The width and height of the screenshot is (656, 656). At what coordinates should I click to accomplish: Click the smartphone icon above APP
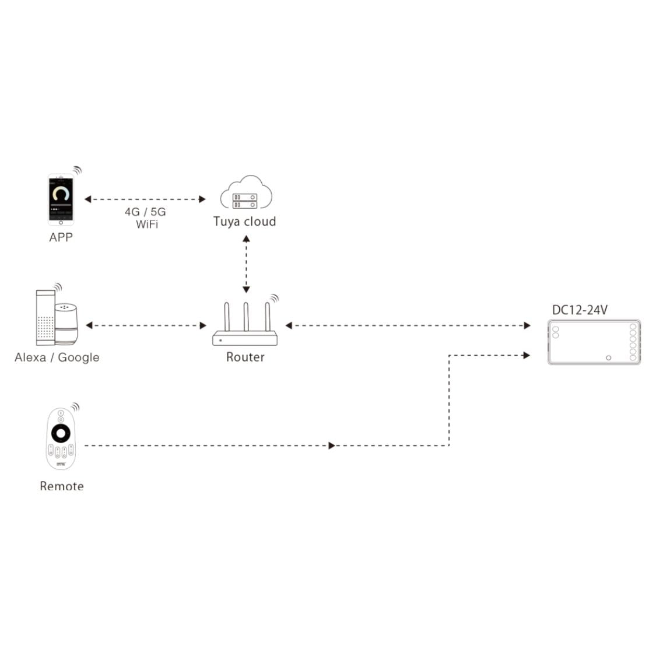coord(61,199)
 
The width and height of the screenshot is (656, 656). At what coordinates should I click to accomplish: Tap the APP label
coord(61,237)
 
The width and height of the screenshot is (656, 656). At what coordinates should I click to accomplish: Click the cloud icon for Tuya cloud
coord(246,193)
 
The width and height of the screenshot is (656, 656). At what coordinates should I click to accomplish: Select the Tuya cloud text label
coord(244,222)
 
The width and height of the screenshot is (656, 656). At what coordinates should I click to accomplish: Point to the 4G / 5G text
coord(145,212)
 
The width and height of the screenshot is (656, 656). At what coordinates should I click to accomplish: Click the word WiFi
coord(147,224)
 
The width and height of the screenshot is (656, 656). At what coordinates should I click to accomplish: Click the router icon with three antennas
coord(246,327)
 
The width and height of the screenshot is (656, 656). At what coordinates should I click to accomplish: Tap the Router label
coord(245,357)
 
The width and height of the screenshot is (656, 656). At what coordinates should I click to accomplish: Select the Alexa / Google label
coord(57,357)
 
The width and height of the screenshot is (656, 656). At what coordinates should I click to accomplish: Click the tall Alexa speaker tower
coord(44,318)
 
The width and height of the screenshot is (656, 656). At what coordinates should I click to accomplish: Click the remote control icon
coord(61,438)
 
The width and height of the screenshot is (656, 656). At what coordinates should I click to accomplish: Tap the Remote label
coord(62,486)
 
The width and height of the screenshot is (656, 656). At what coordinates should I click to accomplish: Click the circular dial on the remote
coord(61,434)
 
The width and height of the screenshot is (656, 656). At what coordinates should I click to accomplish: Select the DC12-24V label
coord(580,310)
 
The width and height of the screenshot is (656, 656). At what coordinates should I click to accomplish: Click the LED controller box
coord(594,342)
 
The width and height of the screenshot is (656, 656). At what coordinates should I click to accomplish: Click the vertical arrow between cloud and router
coord(246,264)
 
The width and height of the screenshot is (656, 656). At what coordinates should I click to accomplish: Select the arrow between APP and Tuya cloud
coord(145,199)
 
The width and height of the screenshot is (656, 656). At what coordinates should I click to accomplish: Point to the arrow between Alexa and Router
coord(146,325)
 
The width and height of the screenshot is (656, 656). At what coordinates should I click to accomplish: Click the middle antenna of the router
coord(246,318)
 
